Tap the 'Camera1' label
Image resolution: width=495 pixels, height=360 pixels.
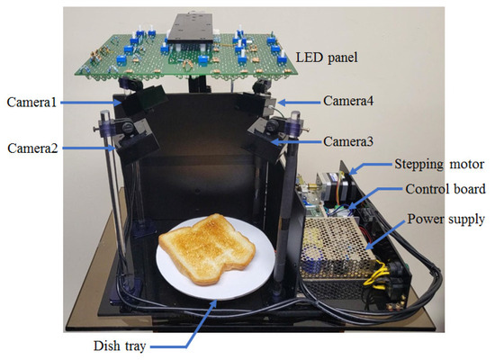33,103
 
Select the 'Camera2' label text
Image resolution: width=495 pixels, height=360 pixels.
33,147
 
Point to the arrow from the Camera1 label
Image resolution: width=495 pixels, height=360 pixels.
90,103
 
